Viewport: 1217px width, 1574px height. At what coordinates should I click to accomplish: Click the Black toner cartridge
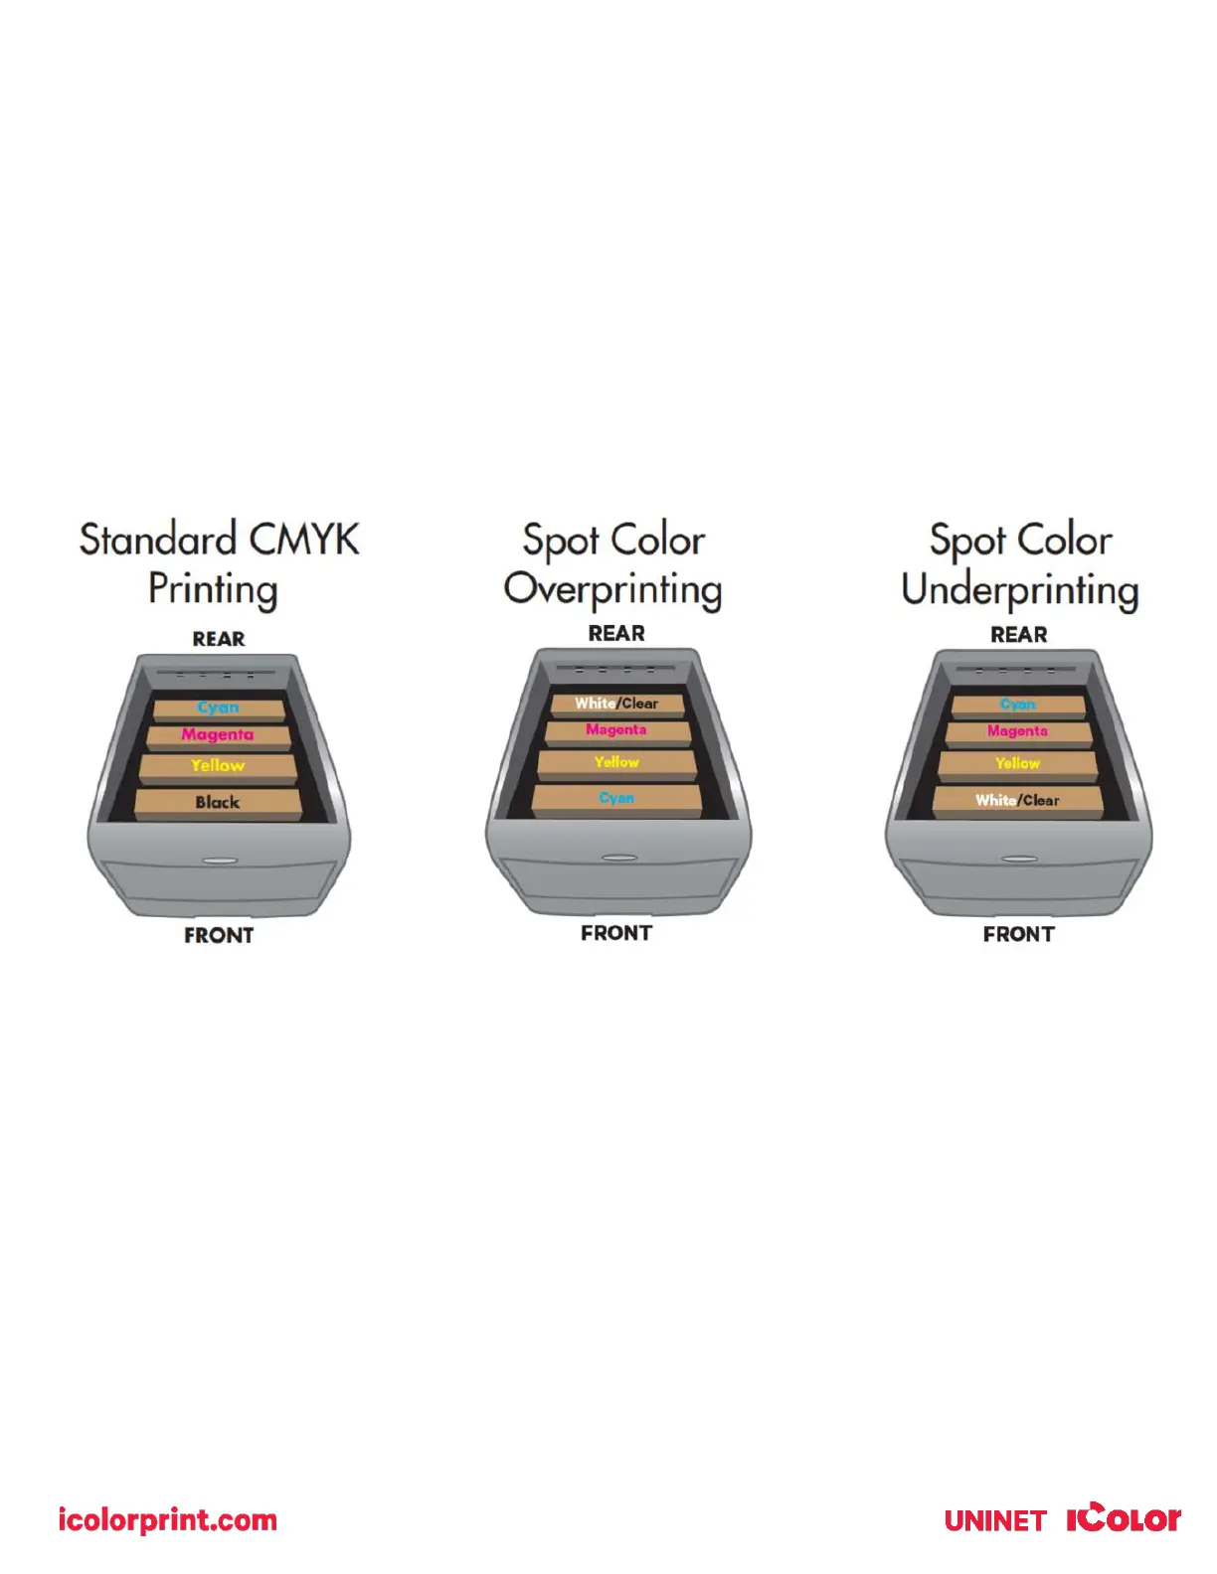[218, 802]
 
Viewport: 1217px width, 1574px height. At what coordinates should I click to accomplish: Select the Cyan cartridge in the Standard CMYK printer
[218, 708]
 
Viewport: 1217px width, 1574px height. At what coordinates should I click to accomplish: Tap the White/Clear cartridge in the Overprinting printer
[616, 704]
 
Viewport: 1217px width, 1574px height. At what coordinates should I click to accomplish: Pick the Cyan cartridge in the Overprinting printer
[616, 798]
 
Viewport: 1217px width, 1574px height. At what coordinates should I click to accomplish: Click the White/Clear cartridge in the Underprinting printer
[1017, 800]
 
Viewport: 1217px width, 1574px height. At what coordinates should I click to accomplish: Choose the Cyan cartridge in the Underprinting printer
[1017, 705]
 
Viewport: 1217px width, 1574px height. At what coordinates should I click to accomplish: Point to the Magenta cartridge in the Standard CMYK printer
[218, 735]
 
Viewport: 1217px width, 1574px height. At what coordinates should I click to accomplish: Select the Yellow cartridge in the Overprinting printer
[616, 762]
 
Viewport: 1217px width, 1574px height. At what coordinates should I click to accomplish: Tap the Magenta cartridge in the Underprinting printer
[1017, 731]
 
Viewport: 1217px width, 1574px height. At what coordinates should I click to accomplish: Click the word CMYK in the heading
[303, 540]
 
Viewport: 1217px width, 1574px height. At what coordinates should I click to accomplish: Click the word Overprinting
[612, 589]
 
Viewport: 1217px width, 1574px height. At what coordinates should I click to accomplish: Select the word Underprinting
[1019, 590]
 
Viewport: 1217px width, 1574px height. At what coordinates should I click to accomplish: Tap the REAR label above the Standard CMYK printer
[219, 639]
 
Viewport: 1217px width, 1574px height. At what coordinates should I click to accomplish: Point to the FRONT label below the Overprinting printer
[616, 933]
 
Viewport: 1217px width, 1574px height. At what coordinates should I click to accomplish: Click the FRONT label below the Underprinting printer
[1018, 934]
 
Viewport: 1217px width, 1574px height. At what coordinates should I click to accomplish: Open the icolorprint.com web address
[167, 1520]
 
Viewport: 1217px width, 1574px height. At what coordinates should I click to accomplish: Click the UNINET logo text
[994, 1521]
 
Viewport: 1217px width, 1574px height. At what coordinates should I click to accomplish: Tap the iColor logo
[1124, 1518]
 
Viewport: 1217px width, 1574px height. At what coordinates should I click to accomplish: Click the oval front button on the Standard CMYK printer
[219, 861]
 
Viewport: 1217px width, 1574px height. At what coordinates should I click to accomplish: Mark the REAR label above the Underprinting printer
[1018, 634]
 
